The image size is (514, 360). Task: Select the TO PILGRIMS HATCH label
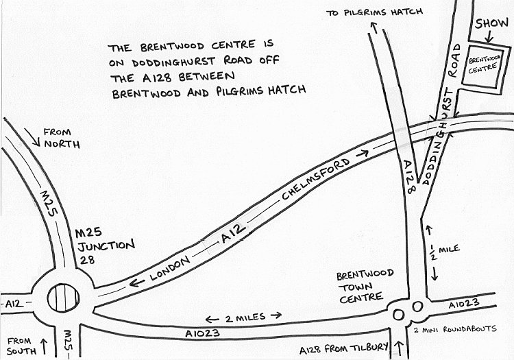[x=374, y=12]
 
